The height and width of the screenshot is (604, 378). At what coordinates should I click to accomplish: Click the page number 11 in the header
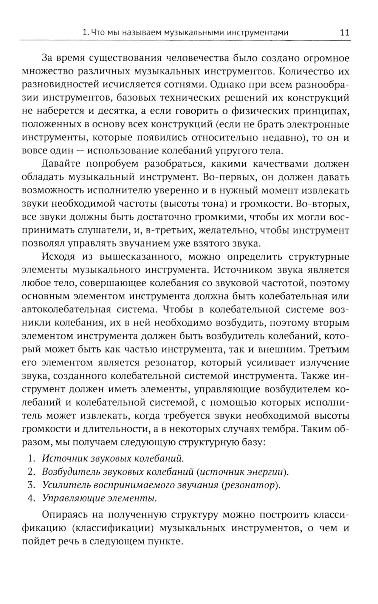pos(344,32)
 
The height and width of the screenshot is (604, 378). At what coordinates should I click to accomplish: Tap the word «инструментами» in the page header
pos(257,33)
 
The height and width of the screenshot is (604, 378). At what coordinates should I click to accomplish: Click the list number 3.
pos(31,485)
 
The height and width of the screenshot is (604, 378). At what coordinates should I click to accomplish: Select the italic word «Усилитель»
pos(60,485)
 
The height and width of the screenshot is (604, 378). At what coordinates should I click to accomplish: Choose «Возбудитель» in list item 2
pos(65,471)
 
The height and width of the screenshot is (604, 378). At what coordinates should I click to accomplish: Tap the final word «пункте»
pos(166,541)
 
